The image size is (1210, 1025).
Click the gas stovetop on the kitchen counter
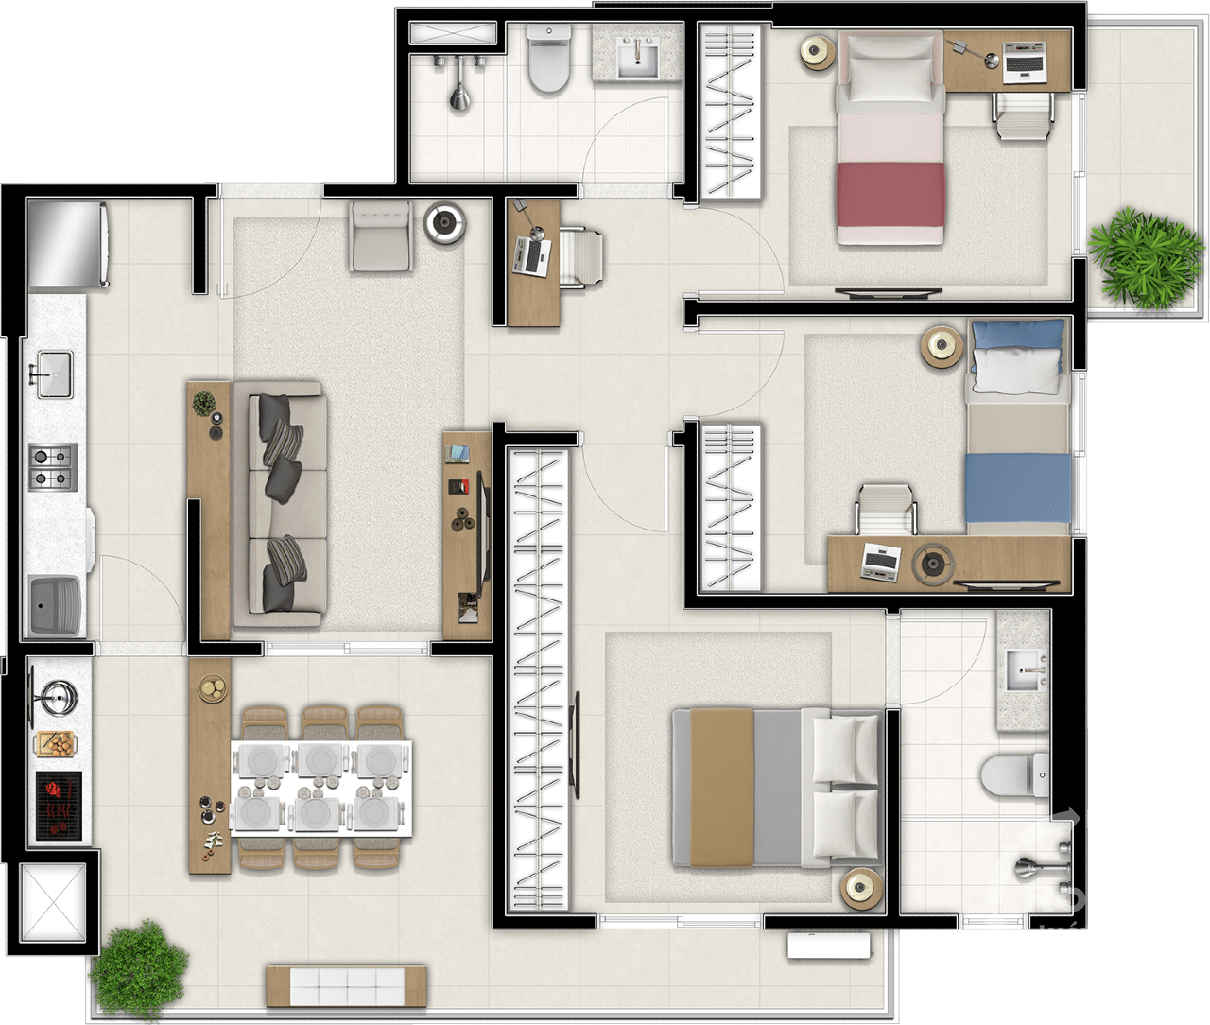tap(52, 467)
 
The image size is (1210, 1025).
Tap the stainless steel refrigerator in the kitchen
tap(67, 243)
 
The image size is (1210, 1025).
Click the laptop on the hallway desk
tap(532, 255)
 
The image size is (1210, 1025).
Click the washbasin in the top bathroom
tap(639, 57)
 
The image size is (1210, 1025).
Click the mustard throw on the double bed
tap(721, 787)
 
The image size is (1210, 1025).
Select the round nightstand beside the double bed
tap(862, 888)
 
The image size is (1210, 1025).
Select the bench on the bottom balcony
tap(346, 985)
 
